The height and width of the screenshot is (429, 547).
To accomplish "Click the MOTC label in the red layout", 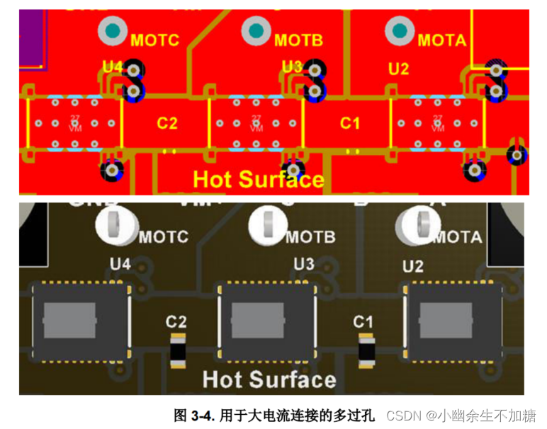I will [154, 40].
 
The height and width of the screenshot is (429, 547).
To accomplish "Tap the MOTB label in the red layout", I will [298, 40].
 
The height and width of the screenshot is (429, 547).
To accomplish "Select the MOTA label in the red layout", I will [441, 40].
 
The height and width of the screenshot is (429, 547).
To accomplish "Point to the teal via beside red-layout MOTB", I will [256, 30].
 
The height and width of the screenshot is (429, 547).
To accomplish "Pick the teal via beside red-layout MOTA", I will [400, 30].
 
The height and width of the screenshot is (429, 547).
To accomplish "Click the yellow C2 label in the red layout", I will [167, 123].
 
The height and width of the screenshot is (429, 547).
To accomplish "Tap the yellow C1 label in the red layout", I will [350, 123].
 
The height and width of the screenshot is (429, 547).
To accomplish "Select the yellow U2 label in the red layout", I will [399, 69].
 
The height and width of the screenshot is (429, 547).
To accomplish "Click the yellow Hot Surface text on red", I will [258, 178].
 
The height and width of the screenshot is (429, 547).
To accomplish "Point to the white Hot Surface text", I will [269, 379].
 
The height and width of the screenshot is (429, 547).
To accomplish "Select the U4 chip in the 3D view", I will [81, 321].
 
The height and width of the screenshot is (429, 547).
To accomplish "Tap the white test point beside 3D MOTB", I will [267, 224].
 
